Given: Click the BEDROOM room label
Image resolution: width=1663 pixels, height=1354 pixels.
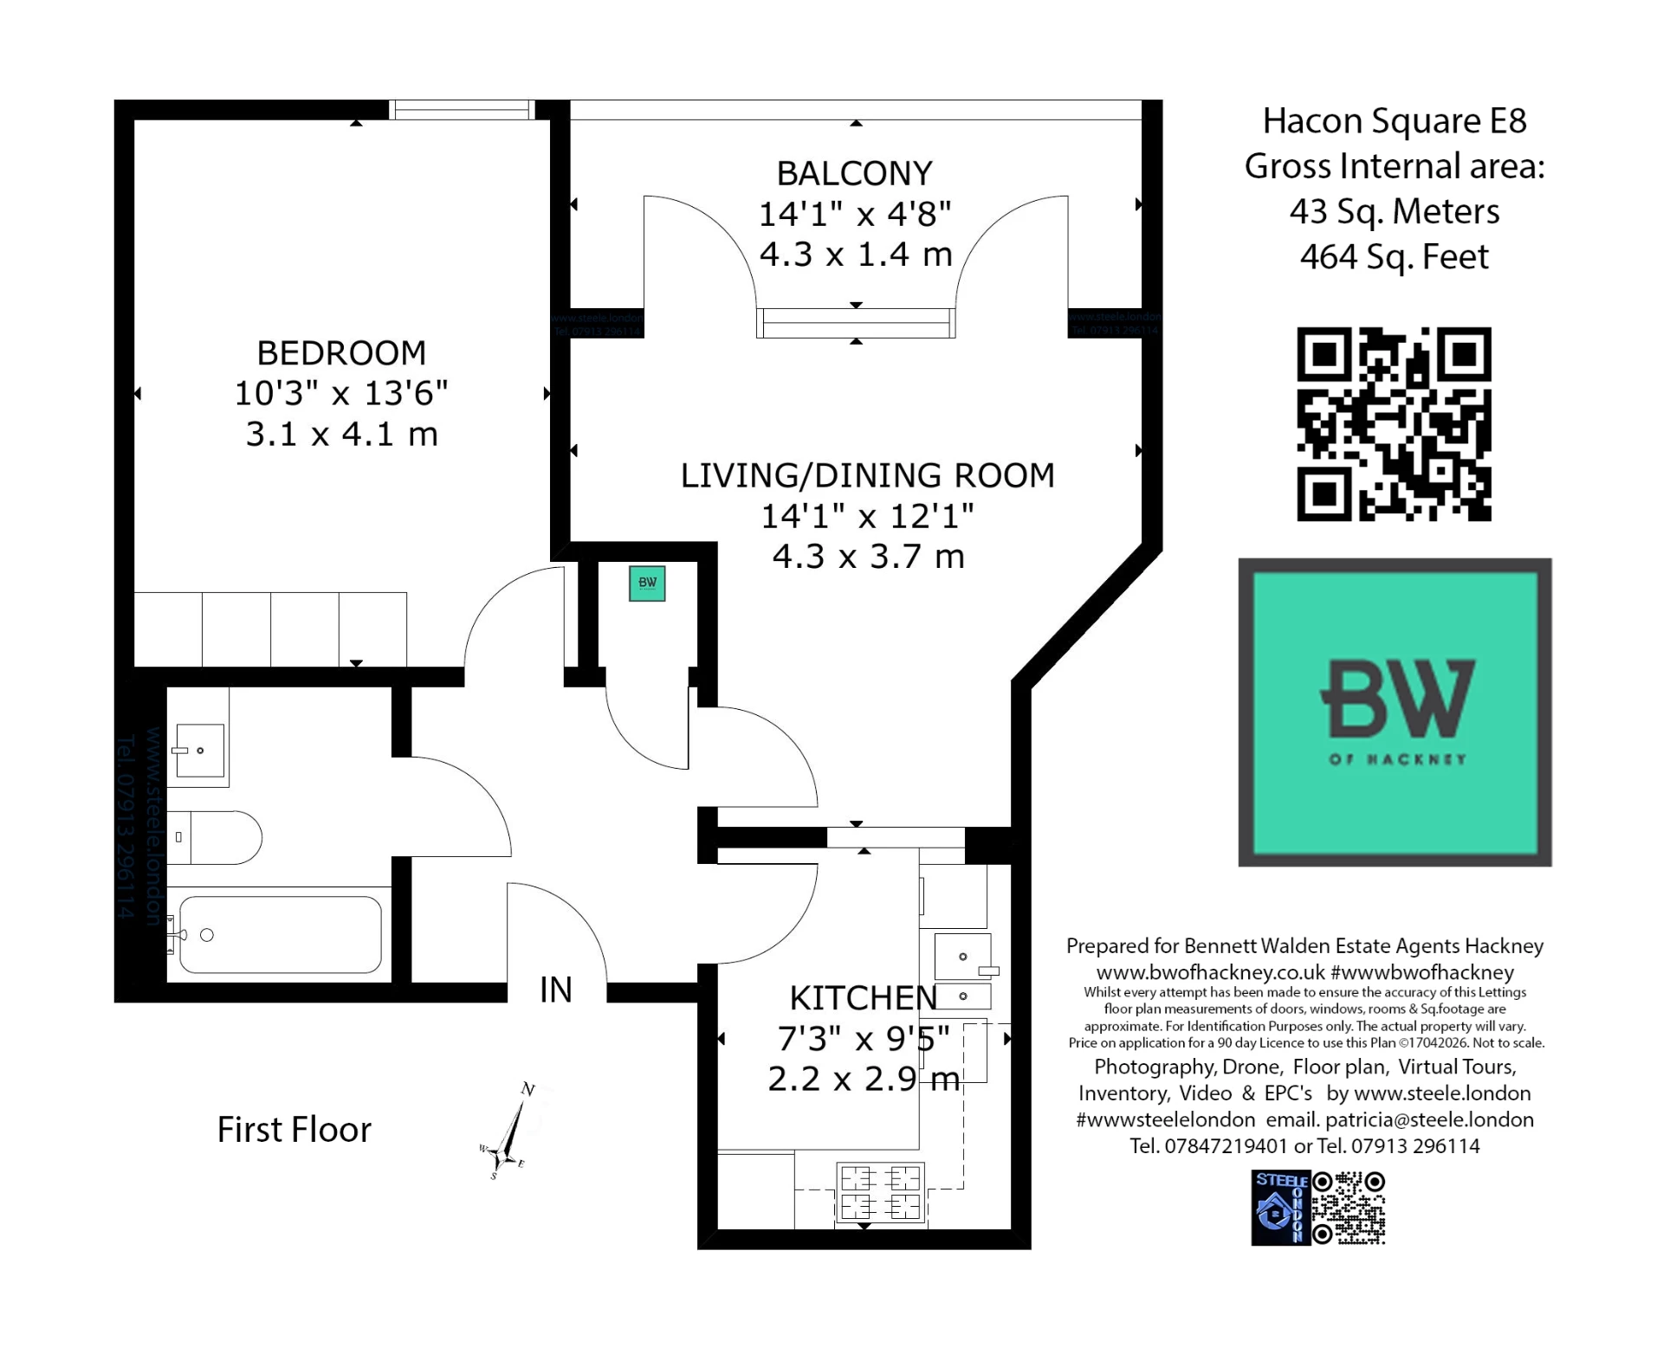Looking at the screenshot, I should [x=341, y=353].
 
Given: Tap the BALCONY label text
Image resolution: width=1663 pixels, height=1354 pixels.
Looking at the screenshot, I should [x=854, y=174].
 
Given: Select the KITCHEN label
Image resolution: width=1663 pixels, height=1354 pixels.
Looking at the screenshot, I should [x=863, y=998].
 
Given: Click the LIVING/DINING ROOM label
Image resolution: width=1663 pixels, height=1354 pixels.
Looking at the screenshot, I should [x=867, y=476].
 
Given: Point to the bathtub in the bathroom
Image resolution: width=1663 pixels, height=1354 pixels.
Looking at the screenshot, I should [x=281, y=935].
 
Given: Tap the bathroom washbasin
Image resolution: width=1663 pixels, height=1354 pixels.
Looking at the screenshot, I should [x=200, y=750].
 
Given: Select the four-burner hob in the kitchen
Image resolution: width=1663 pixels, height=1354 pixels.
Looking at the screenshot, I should [x=880, y=1192].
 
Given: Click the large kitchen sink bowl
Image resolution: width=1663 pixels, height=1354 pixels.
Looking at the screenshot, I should [x=962, y=956].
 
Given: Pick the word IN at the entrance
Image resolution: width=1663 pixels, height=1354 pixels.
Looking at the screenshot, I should [x=555, y=990].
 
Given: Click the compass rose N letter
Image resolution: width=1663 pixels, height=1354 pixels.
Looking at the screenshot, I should [x=527, y=1090].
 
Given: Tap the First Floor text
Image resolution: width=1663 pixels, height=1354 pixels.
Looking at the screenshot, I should [x=294, y=1130].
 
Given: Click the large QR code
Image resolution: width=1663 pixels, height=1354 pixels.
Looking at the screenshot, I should [x=1393, y=424].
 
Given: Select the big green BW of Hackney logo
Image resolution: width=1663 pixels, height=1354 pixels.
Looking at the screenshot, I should [x=1394, y=712].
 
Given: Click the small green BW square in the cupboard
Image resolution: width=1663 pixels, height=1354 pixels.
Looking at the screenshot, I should [x=647, y=583].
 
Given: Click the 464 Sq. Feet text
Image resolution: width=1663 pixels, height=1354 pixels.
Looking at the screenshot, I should [x=1394, y=257].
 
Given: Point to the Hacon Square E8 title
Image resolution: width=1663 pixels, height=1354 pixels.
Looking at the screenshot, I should [x=1394, y=121].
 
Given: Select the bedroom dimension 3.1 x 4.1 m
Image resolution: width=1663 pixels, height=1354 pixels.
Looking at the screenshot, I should [x=341, y=434].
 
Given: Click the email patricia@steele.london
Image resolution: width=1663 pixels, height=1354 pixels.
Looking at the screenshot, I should [x=1429, y=1119].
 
